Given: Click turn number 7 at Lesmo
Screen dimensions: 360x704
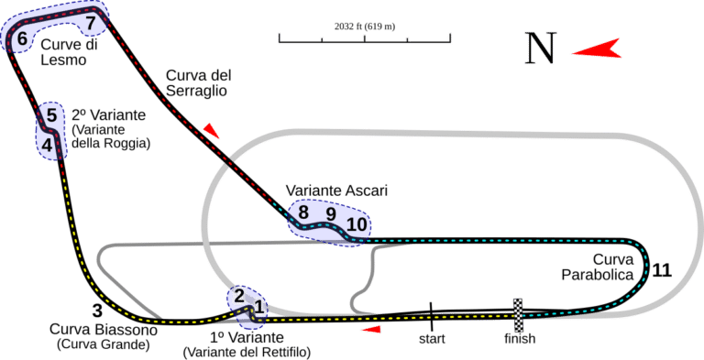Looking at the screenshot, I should [x=89, y=20].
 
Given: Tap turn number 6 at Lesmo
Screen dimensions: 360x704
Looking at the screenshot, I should [x=21, y=39].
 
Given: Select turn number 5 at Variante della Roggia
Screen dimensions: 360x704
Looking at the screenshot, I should [x=51, y=115].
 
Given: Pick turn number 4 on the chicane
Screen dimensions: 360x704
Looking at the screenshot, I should [x=46, y=144].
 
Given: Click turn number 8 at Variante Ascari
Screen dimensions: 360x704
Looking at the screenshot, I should [x=303, y=212].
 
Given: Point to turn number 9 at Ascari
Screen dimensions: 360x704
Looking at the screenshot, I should [x=331, y=214].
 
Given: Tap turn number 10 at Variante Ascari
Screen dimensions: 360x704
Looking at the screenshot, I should [x=357, y=224].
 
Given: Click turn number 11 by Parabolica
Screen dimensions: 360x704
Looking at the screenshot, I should [x=663, y=270].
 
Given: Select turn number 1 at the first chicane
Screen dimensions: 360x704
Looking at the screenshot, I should [x=259, y=307].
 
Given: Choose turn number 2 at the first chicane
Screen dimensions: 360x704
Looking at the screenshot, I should [x=239, y=295].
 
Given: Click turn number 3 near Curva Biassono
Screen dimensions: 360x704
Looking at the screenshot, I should [x=96, y=311].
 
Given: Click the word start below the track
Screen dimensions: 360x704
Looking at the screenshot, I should [x=432, y=339].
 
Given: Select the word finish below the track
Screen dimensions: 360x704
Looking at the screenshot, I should [x=518, y=339].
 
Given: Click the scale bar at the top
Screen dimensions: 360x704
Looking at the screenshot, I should [x=363, y=38].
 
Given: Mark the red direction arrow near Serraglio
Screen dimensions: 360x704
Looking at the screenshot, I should [x=213, y=132].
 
